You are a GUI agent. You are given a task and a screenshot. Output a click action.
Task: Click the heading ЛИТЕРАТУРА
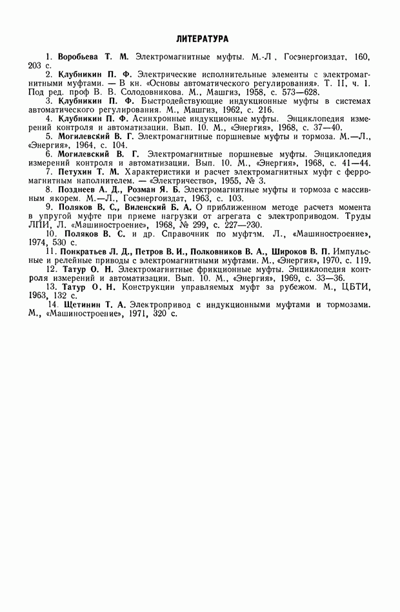pyautogui.click(x=201, y=39)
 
